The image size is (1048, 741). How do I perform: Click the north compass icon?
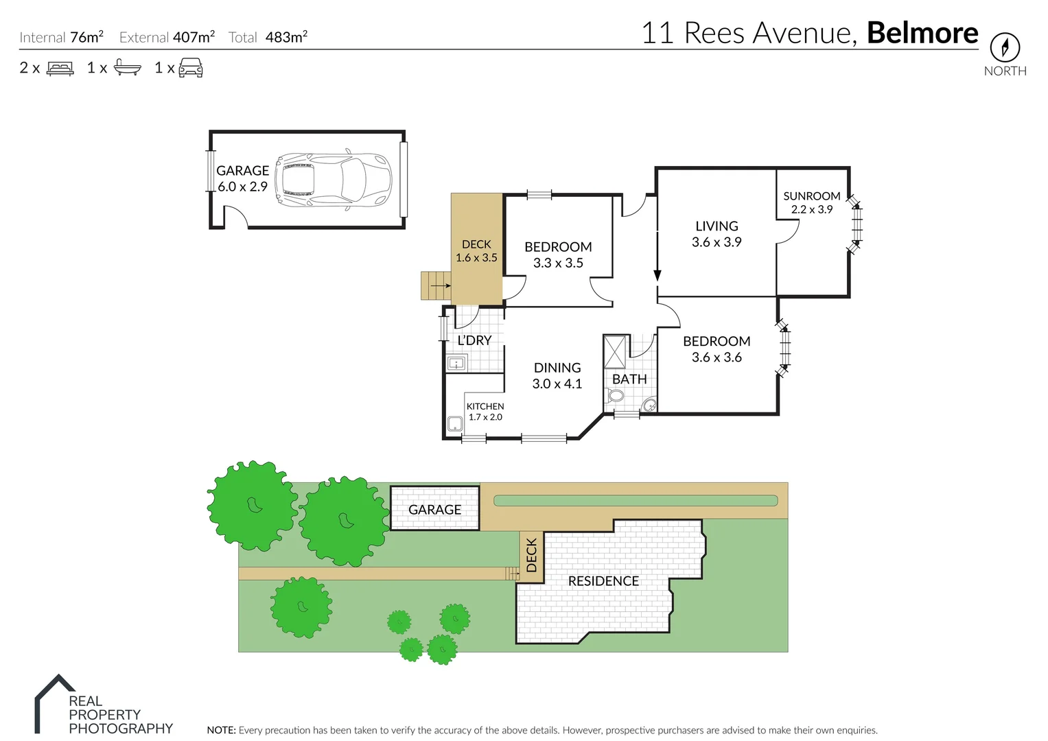pyautogui.click(x=1004, y=47)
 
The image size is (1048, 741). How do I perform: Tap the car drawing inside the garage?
pyautogui.click(x=333, y=180)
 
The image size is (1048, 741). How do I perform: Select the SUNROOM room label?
pyautogui.click(x=811, y=196)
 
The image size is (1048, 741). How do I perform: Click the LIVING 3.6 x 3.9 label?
pyautogui.click(x=717, y=234)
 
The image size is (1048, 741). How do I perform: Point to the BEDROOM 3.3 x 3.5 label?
pyautogui.click(x=558, y=255)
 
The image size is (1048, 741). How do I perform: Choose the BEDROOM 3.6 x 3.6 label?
pyautogui.click(x=717, y=349)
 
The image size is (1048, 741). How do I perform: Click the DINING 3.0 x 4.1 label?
pyautogui.click(x=557, y=376)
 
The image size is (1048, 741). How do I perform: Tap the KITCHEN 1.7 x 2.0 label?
pyautogui.click(x=485, y=412)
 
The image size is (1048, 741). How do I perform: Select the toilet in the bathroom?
pyautogui.click(x=616, y=396)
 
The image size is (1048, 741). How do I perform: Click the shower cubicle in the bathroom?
pyautogui.click(x=615, y=351)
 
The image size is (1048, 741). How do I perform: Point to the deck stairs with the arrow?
pyautogui.click(x=435, y=285)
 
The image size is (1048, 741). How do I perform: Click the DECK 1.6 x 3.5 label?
pyautogui.click(x=476, y=251)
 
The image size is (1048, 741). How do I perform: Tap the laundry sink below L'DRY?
pyautogui.click(x=456, y=364)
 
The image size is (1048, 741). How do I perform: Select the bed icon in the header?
pyautogui.click(x=60, y=69)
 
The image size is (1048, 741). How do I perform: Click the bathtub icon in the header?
pyautogui.click(x=128, y=68)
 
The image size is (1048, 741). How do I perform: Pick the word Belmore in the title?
pyautogui.click(x=922, y=33)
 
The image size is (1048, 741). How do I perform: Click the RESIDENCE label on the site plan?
pyautogui.click(x=603, y=581)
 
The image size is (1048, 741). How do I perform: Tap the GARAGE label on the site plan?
pyautogui.click(x=434, y=510)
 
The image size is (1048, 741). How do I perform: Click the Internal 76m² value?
pyautogui.click(x=86, y=37)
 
